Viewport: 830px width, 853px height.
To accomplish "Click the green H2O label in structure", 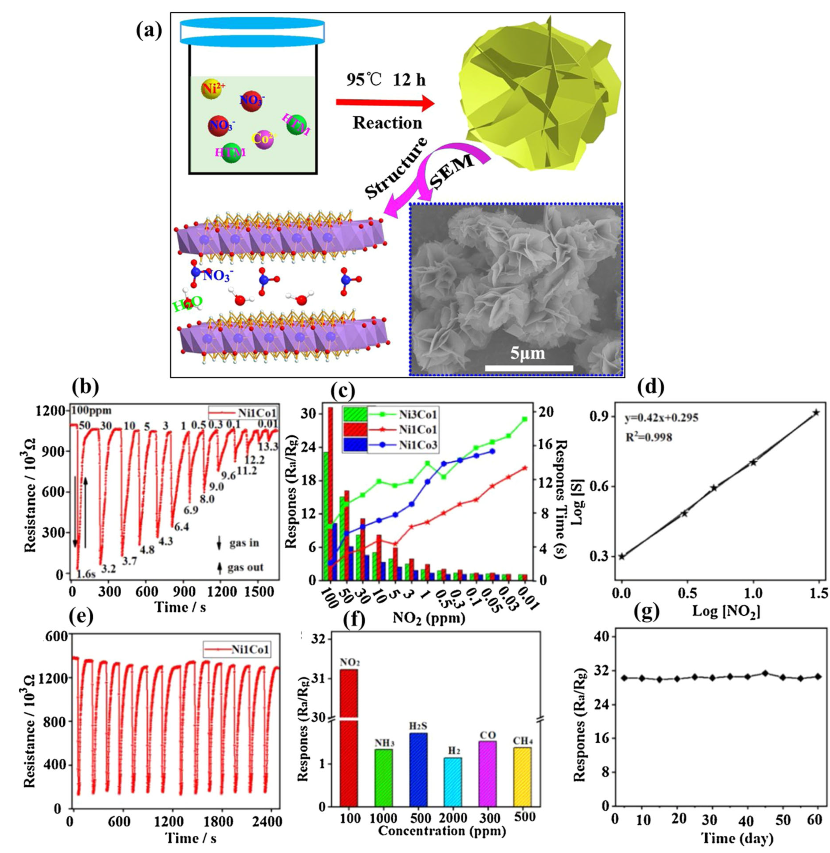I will pos(188,304).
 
